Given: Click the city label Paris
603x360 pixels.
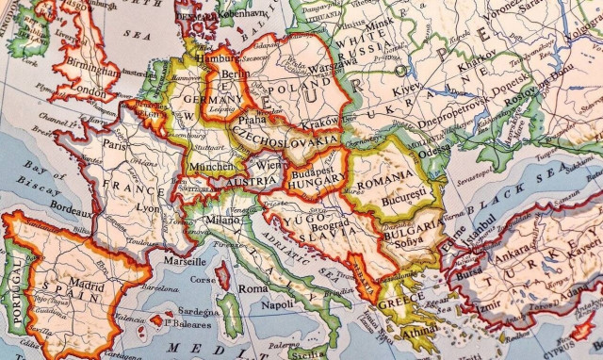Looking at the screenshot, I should (115, 146).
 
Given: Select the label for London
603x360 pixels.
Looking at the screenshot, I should (89, 90).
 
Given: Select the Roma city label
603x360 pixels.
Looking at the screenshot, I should (252, 288).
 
